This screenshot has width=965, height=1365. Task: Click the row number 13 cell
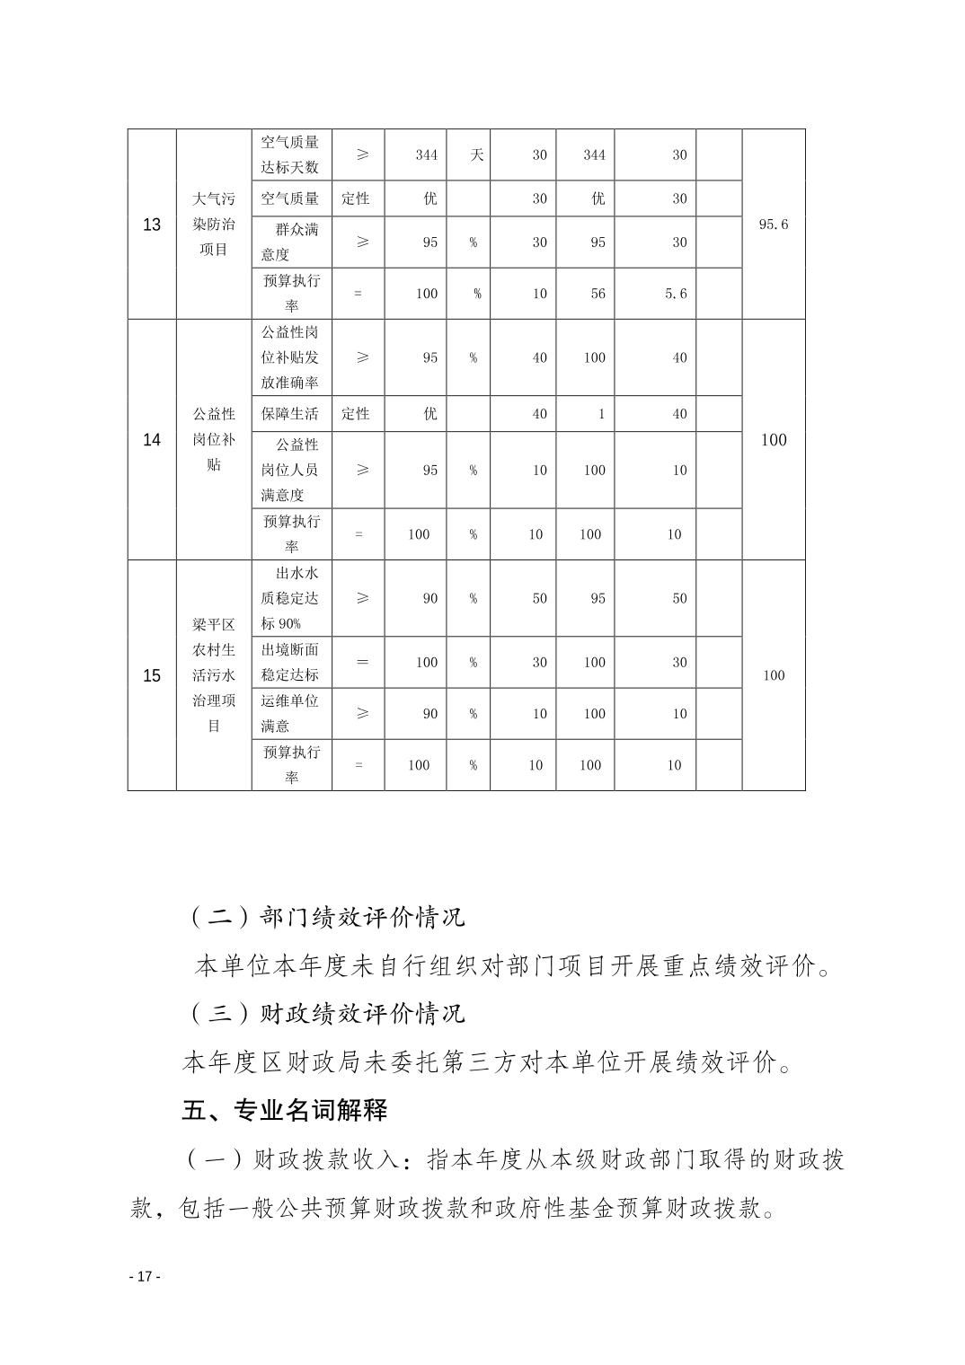152,225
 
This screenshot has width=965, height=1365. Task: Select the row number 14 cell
152,440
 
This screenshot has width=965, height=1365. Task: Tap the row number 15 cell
152,676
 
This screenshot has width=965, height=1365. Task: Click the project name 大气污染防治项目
214,225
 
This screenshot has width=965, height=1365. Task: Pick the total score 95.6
773,225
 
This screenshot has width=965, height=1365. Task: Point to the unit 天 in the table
476,154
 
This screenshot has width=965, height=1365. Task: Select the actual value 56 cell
598,294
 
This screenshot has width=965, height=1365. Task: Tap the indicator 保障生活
290,414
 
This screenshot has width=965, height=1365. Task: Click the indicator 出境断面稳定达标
290,662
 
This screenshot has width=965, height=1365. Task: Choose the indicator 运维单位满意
290,714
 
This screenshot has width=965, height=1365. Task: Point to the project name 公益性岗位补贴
214,440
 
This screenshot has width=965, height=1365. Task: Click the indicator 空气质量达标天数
290,154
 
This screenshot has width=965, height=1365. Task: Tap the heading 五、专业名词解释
285,1111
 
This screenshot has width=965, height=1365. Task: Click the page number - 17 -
144,1277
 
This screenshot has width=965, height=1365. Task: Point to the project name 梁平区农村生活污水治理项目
214,675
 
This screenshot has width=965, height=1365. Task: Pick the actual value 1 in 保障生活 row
601,414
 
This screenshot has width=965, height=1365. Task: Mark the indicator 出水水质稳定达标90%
290,598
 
